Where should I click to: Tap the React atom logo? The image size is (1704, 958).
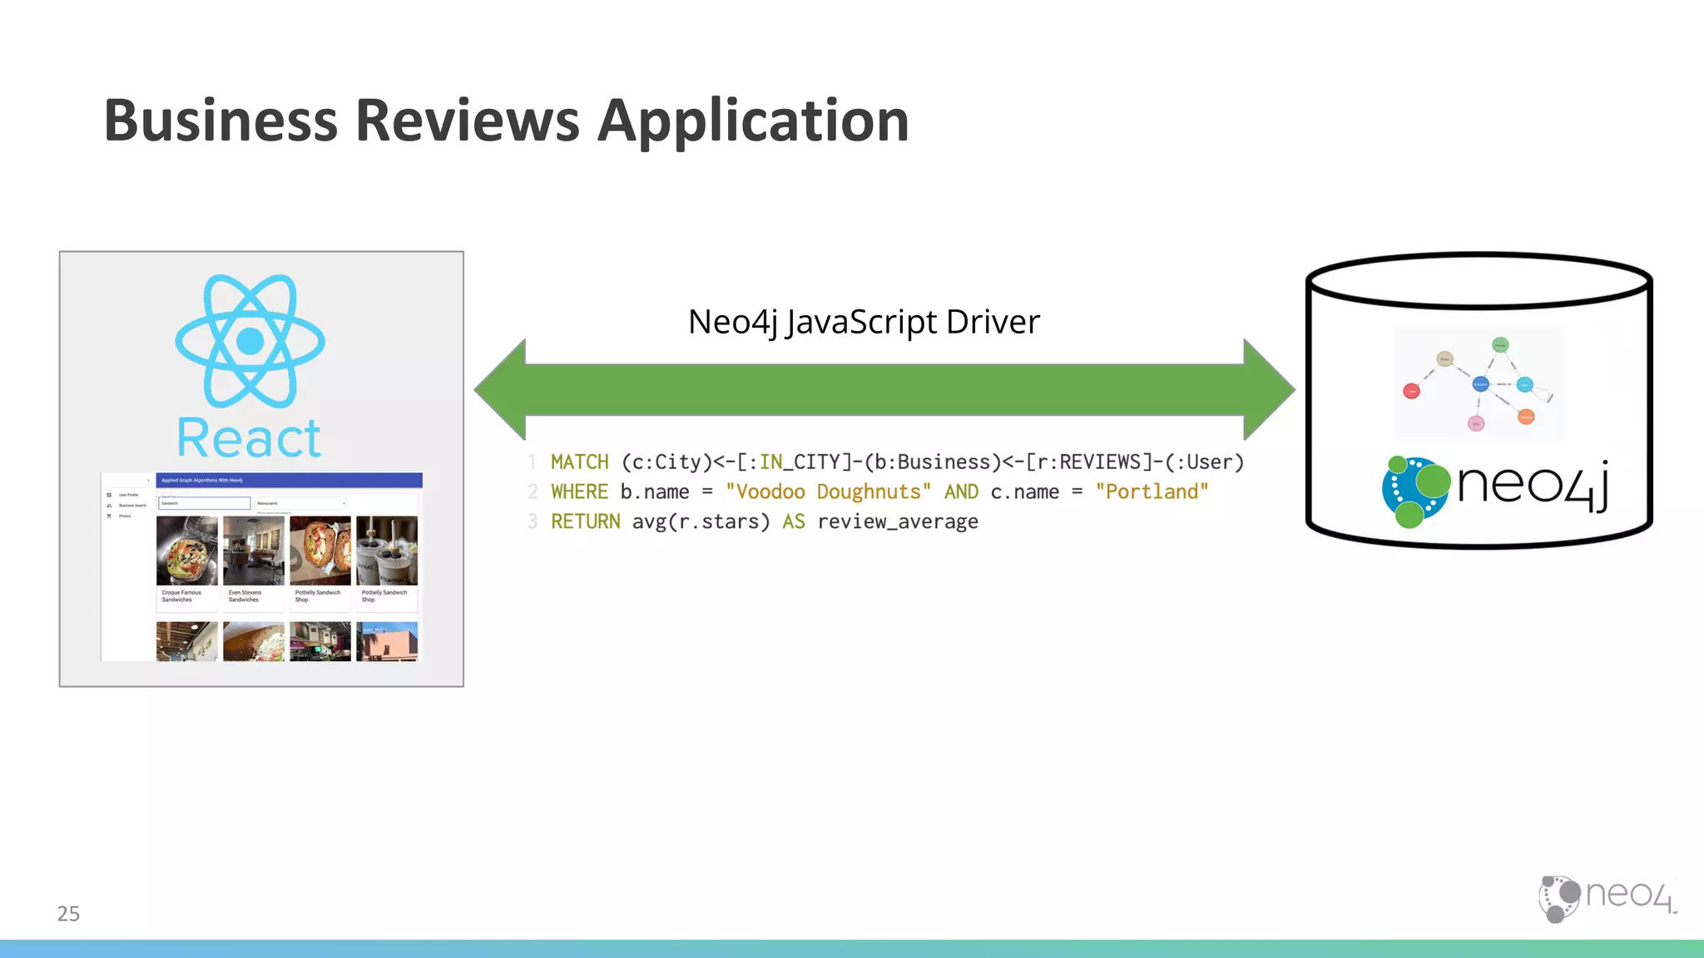coord(250,341)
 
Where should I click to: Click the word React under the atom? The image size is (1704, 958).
coord(249,438)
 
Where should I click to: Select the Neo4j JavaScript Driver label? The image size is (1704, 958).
coord(864,322)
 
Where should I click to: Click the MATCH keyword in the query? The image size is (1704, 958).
coord(579,462)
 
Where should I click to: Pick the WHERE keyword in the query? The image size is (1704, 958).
coord(579,492)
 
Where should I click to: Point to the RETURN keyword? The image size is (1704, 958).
coord(585,522)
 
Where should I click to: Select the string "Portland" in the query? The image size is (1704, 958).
coord(1152,492)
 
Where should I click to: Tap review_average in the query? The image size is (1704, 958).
coord(897,522)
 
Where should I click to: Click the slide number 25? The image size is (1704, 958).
coord(68,914)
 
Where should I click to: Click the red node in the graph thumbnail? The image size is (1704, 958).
coord(1411,391)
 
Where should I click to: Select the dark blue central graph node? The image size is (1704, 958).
coord(1480,384)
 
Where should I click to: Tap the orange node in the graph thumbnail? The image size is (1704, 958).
coord(1526,417)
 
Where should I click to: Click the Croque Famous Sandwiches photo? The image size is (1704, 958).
coord(187,551)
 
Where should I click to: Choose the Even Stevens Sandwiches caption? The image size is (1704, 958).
coord(245,596)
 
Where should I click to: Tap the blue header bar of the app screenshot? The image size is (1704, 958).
coord(289,480)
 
